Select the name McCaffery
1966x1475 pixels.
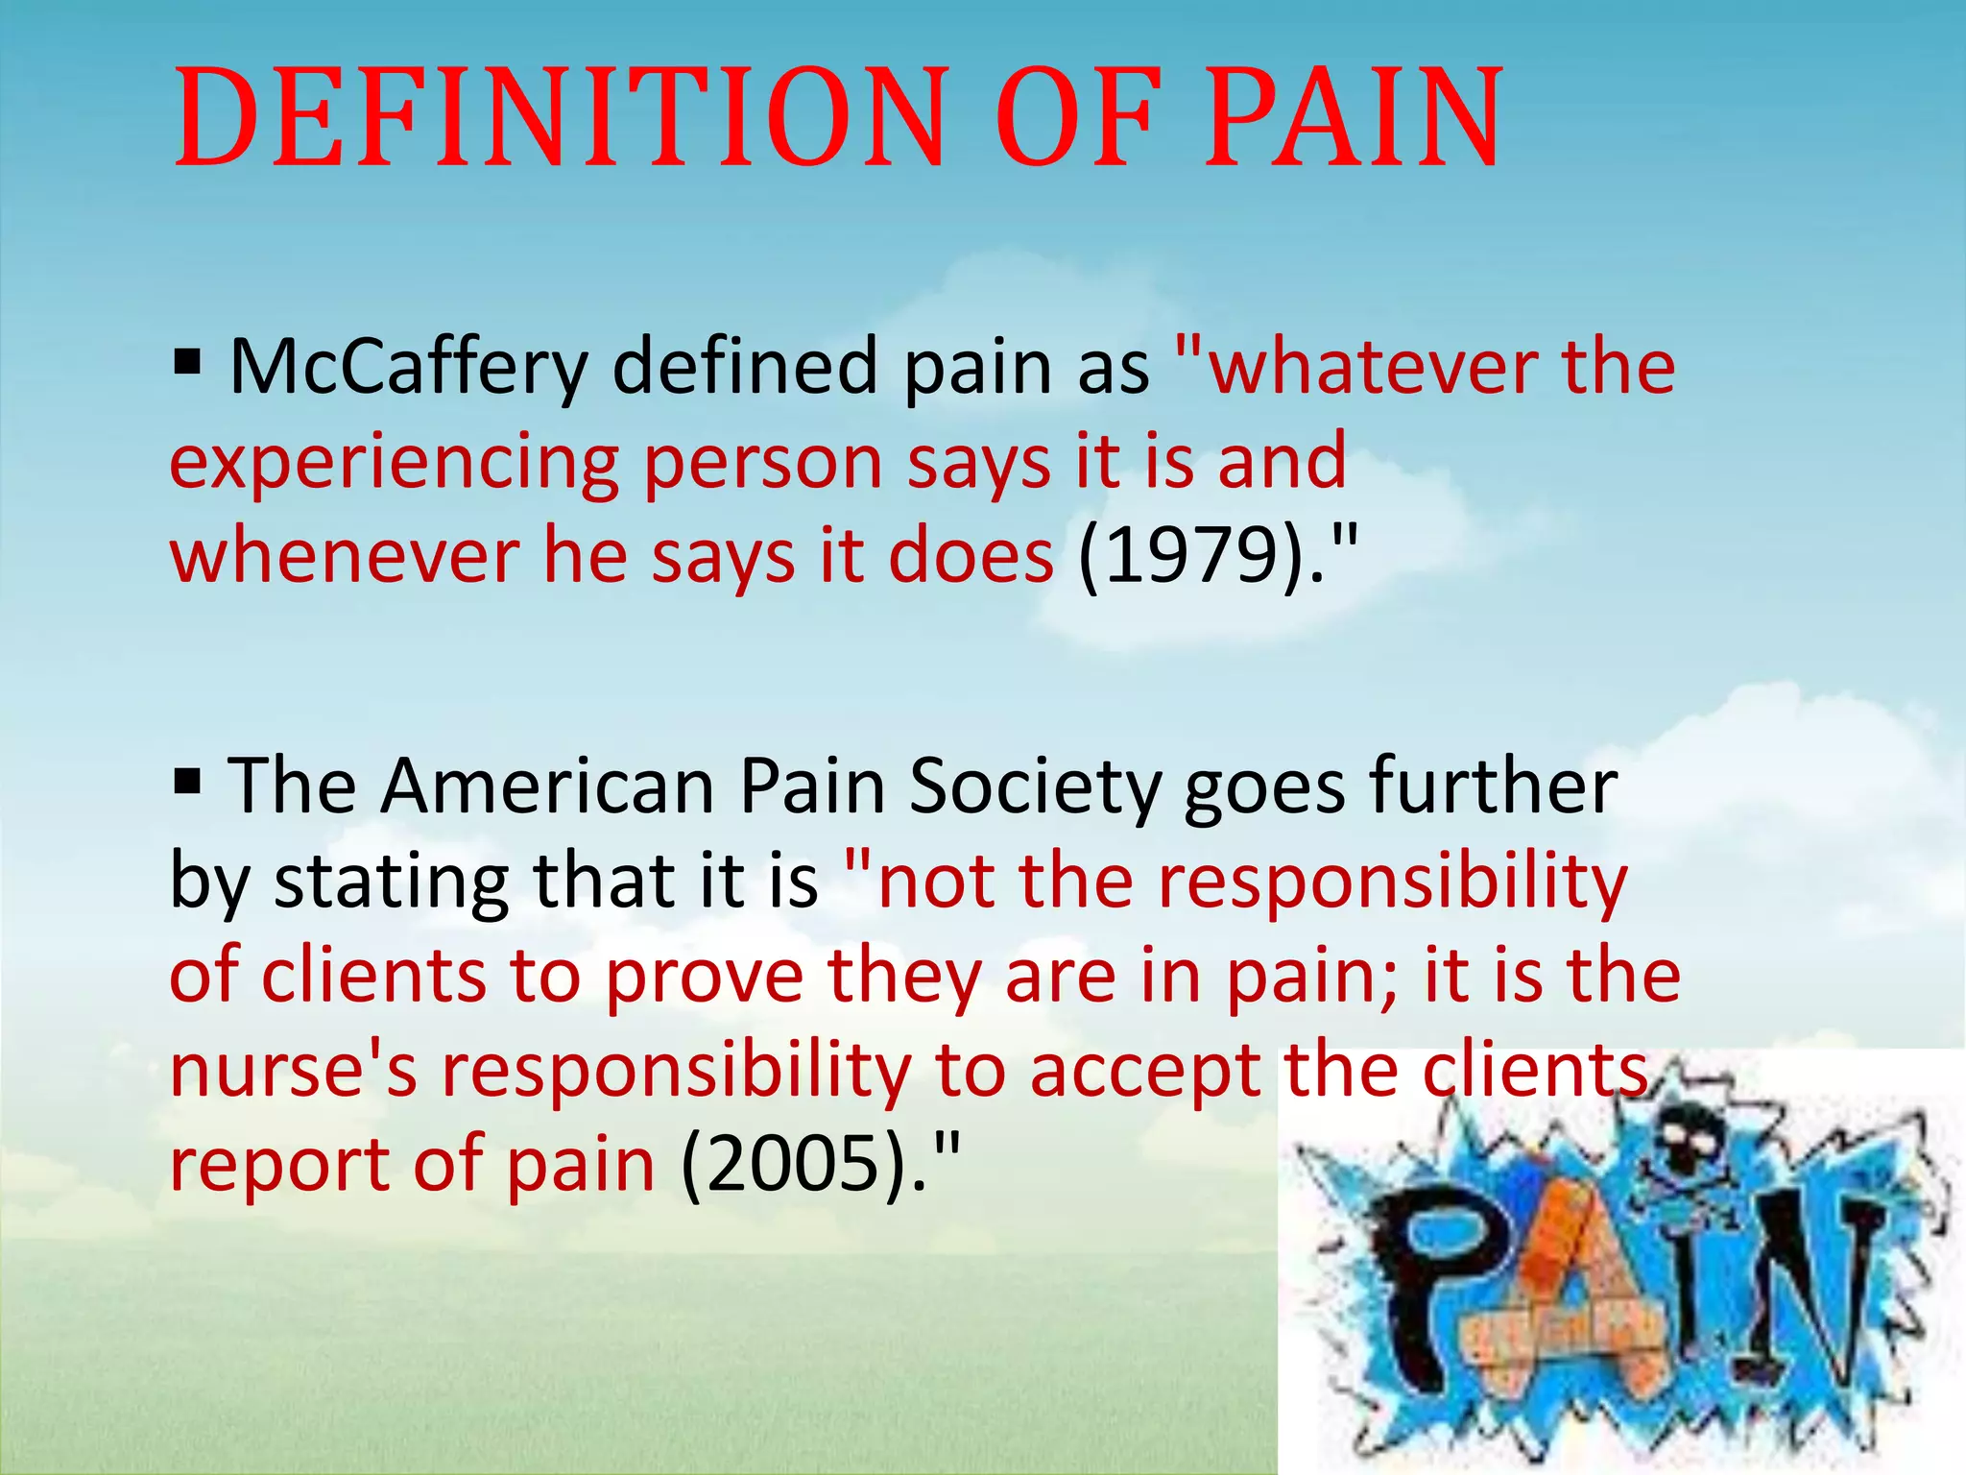tap(408, 367)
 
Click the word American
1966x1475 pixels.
tap(547, 786)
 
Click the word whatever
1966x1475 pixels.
tap(1373, 367)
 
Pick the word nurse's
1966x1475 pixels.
tap(294, 1070)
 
